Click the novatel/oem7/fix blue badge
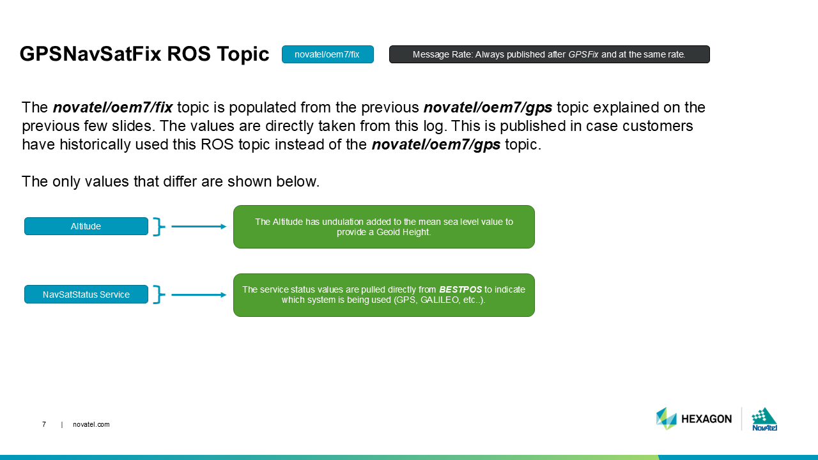(x=327, y=55)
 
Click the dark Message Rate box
(x=549, y=55)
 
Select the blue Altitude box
(x=86, y=226)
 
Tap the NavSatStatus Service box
(x=86, y=295)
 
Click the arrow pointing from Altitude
(x=199, y=226)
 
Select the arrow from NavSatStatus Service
(x=199, y=295)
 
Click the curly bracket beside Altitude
(x=158, y=226)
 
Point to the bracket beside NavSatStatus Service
(x=158, y=295)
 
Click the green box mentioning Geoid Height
(x=383, y=227)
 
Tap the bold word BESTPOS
(x=460, y=289)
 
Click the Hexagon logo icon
(x=666, y=418)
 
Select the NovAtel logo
(x=764, y=419)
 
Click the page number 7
(x=44, y=424)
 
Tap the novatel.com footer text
(x=91, y=424)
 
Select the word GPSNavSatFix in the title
(x=90, y=55)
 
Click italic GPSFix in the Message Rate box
(x=583, y=55)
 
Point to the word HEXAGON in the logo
(x=706, y=419)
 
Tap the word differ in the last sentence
(x=169, y=181)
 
